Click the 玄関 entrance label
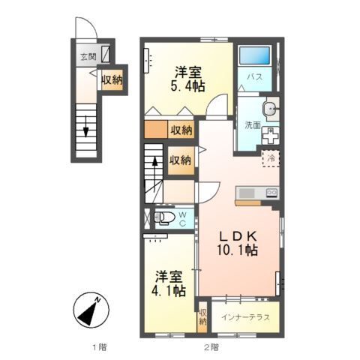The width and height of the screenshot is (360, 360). [x=88, y=57]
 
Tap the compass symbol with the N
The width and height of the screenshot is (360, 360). [x=92, y=309]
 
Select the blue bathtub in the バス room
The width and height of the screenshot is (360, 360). [x=253, y=58]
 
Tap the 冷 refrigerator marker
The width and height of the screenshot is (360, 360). [x=271, y=158]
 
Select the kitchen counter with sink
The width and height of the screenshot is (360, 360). [x=257, y=194]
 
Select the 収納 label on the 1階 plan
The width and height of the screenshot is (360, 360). [x=112, y=79]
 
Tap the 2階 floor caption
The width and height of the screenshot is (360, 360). [x=211, y=346]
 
